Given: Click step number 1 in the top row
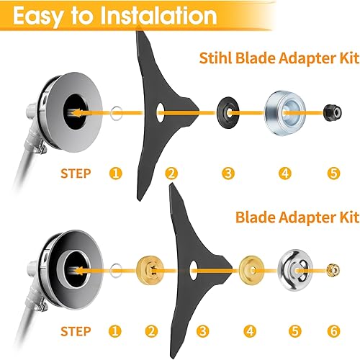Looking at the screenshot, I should coord(114,173).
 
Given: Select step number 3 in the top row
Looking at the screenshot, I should coord(228,173).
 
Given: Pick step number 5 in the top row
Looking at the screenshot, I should coord(333,173).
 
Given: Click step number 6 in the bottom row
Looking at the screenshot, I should coord(333,333).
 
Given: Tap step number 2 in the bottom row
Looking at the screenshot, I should coord(150,333).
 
